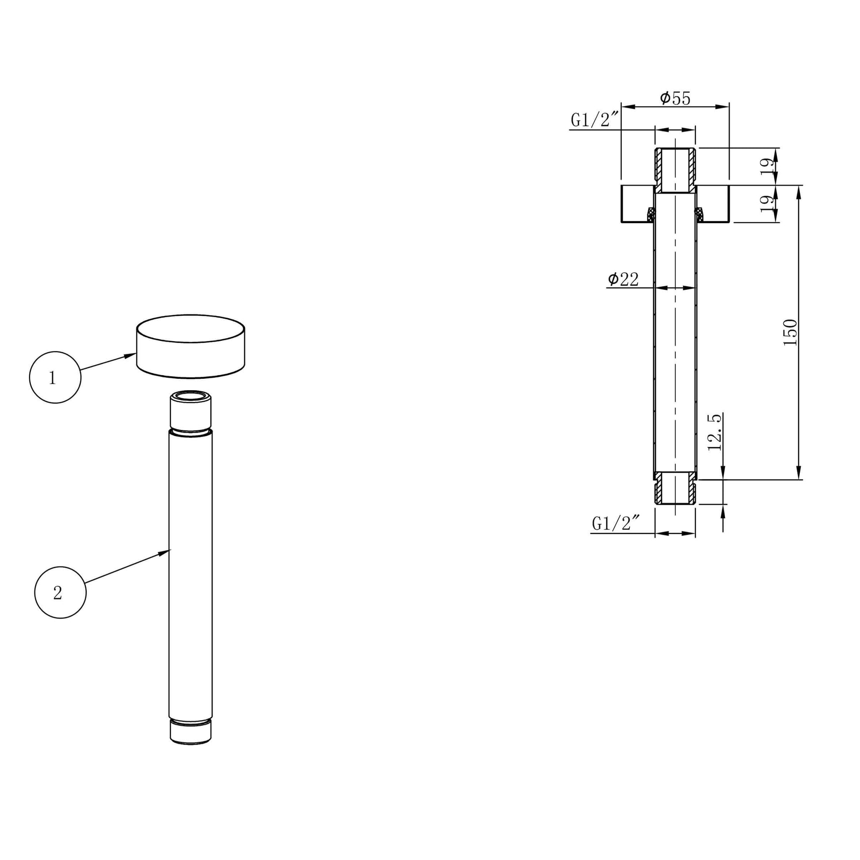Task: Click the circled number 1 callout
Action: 55,377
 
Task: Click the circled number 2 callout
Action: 60,593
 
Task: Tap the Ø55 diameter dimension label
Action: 675,98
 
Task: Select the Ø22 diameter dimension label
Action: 623,279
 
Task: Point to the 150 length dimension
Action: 790,332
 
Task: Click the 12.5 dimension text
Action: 714,432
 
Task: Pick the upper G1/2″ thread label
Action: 595,120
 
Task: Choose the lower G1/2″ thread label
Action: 616,524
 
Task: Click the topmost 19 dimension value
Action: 767,166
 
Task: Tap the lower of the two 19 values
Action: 767,203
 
